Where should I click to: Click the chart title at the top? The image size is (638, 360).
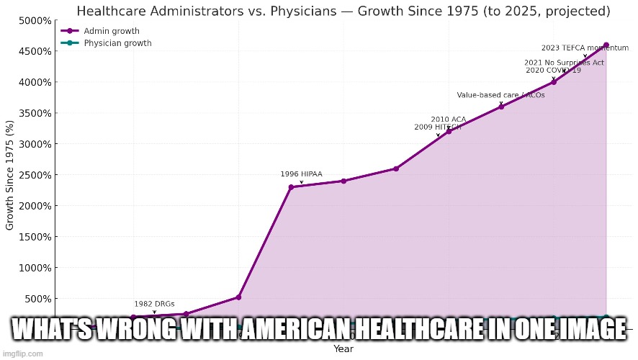tap(343, 12)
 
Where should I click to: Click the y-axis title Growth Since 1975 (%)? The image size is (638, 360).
tap(10, 175)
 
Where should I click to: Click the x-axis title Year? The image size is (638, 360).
tap(343, 349)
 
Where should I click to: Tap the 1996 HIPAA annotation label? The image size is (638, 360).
tap(301, 174)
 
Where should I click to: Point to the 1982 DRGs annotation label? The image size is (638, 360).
tap(154, 304)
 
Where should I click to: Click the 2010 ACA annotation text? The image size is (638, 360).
tap(449, 120)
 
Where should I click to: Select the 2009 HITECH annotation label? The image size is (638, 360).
tap(437, 127)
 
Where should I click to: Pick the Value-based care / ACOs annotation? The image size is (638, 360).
tap(500, 95)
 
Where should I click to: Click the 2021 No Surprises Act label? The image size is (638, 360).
tap(564, 63)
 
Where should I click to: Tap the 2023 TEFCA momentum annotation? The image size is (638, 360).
tap(580, 48)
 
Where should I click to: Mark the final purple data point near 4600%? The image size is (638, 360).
tap(606, 45)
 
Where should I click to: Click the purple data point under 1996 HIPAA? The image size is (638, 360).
tap(291, 187)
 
